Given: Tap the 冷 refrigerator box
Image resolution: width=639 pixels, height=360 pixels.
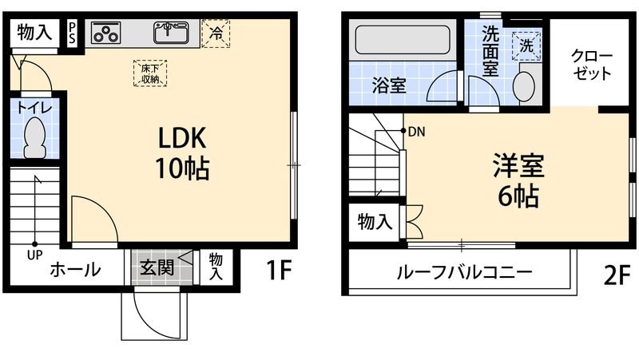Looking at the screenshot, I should point(215,33).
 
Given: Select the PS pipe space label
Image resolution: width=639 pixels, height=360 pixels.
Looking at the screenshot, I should point(72,33).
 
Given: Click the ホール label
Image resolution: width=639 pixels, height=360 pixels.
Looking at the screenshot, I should point(75,270).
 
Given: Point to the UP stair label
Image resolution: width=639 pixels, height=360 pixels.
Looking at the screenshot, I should point(34,255).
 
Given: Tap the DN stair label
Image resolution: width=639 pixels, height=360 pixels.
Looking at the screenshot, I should point(415,132).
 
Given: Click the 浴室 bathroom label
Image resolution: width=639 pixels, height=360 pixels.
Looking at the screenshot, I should point(389,85).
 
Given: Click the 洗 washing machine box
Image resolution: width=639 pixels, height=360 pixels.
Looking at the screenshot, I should point(527,45).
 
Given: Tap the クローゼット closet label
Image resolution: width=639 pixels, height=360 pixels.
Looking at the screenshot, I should point(591,65).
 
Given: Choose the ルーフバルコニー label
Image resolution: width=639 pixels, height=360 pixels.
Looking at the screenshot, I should point(464,272).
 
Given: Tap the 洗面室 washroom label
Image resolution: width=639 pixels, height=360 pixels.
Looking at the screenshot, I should point(486,52).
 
